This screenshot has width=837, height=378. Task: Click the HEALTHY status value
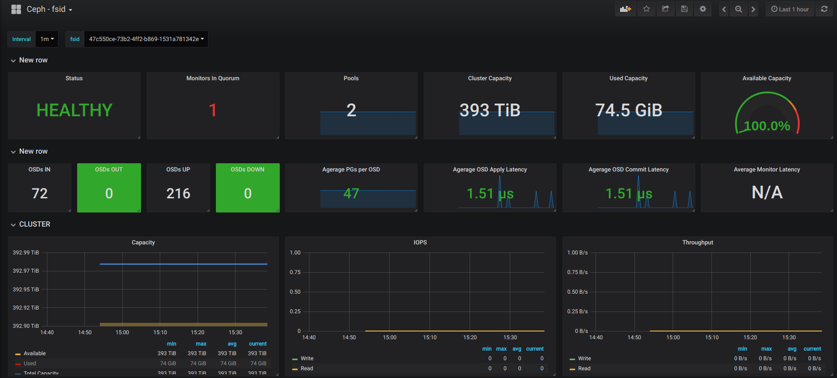pos(74,110)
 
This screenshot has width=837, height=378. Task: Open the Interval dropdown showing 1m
pos(47,39)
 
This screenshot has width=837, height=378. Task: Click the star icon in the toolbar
pos(646,9)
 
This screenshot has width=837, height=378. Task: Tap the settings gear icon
pos(703,9)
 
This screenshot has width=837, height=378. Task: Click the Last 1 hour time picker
pos(790,9)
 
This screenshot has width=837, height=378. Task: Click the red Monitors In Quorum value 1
pos(213,110)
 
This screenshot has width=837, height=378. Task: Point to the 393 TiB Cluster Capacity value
pos(490,110)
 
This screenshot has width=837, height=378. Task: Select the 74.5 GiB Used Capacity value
pos(628,110)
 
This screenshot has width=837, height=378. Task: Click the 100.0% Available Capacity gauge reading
pos(767,126)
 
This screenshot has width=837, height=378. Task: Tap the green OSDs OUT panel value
pos(109,193)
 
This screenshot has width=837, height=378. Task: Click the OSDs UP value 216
pos(178,193)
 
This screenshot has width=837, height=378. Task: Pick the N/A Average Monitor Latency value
pos(767,192)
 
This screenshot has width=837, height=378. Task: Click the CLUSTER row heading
pos(35,224)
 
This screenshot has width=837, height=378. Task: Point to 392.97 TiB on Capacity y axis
pos(26,271)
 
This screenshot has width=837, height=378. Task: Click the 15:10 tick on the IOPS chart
pos(430,337)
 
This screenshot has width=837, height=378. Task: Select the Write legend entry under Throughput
pos(584,358)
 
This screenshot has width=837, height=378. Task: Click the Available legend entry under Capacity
pos(35,353)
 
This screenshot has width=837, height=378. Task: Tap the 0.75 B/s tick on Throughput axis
pos(577,272)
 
